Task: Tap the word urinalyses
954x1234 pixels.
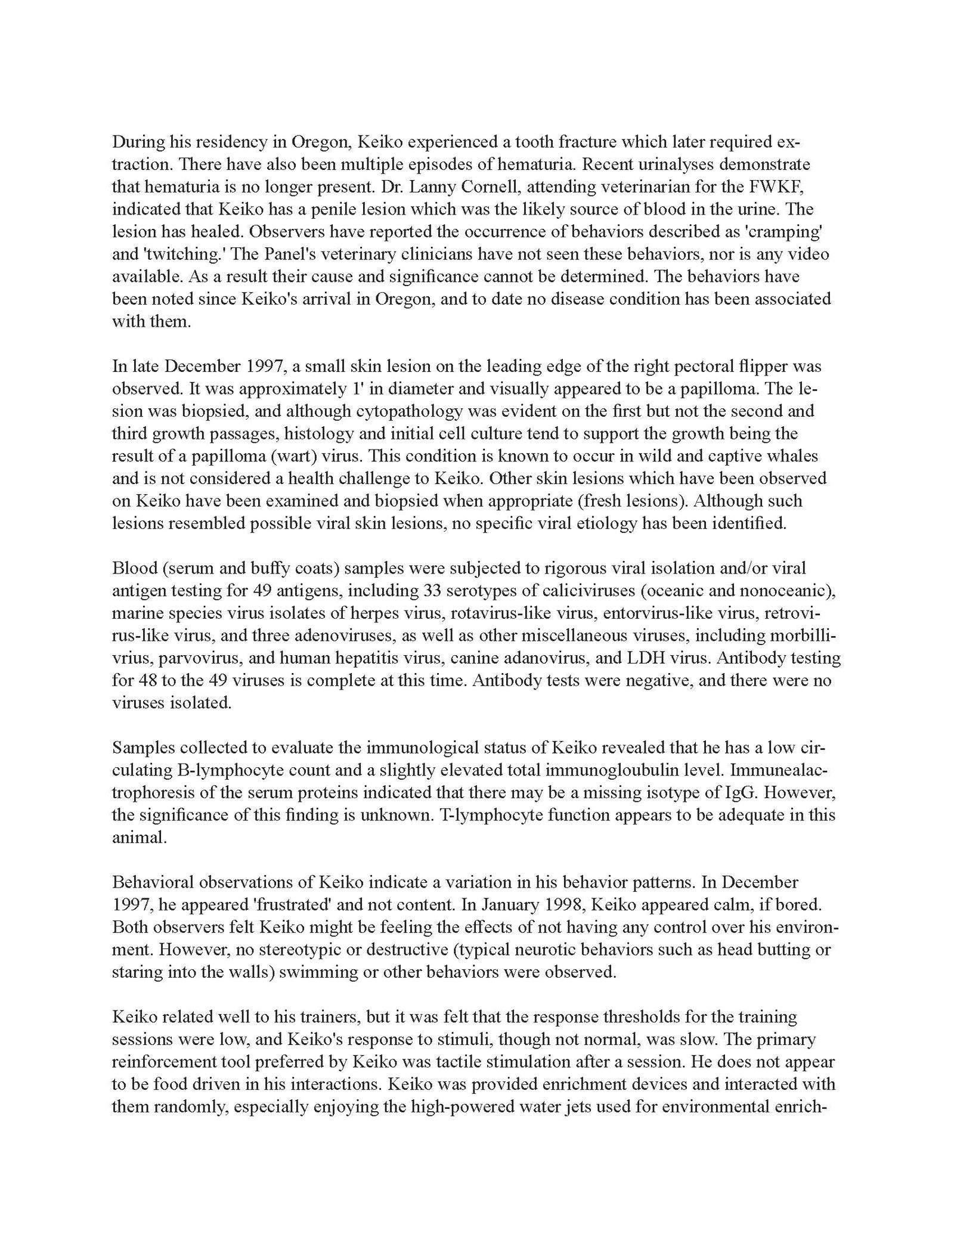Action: pyautogui.click(x=656, y=164)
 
